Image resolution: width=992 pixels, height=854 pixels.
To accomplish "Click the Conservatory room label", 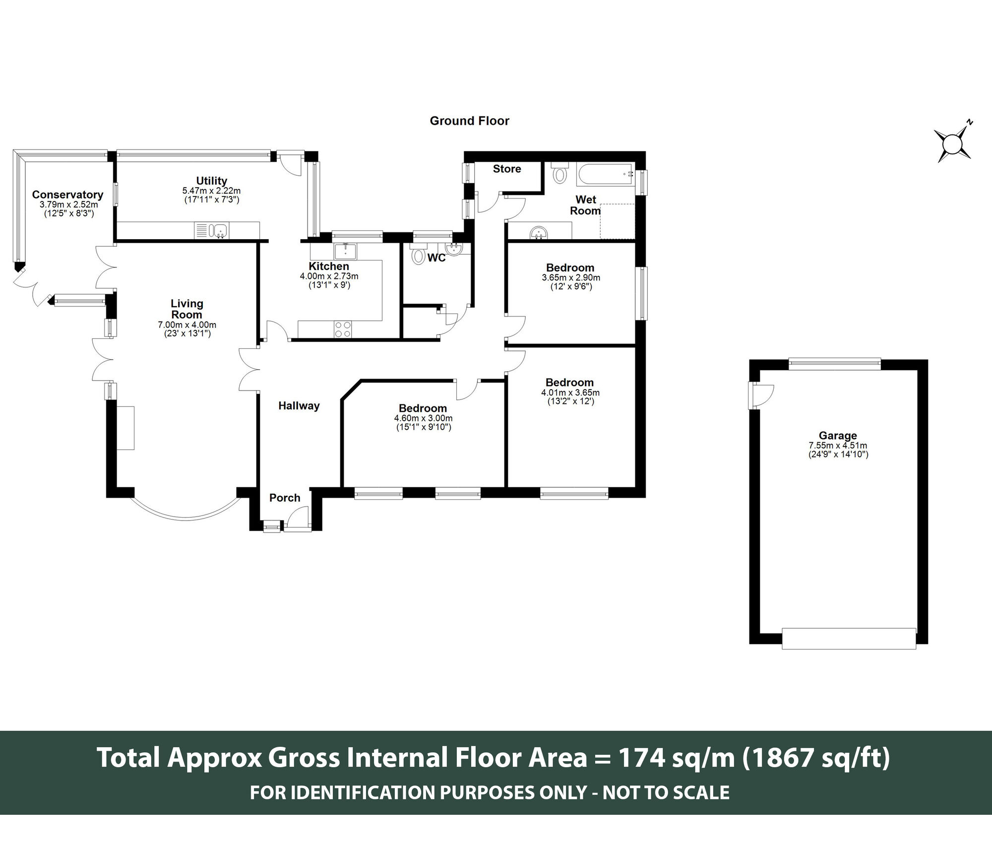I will pyautogui.click(x=67, y=195).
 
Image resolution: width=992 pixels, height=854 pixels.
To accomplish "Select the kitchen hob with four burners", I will pyautogui.click(x=343, y=329).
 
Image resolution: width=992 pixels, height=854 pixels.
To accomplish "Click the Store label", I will pyautogui.click(x=507, y=169).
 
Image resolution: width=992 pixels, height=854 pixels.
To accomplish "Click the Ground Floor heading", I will pyautogui.click(x=469, y=121).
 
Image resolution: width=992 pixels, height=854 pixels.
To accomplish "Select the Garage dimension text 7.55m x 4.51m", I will pyautogui.click(x=838, y=446).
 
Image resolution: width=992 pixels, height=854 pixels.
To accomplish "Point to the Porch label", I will pyautogui.click(x=285, y=498).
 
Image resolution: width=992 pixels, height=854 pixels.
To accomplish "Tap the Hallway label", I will pyautogui.click(x=299, y=405).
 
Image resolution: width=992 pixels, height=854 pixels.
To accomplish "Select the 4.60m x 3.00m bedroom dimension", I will pyautogui.click(x=423, y=418).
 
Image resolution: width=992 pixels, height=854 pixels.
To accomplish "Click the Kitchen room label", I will pyautogui.click(x=328, y=266).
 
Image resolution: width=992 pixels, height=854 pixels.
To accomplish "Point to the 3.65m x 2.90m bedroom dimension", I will pyautogui.click(x=571, y=278).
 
